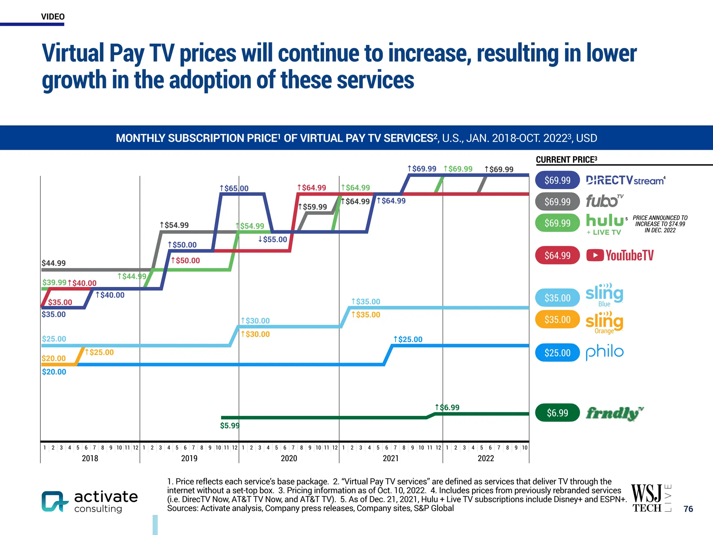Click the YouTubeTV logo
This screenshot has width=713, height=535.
coord(620,255)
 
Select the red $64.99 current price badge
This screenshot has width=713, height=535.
coord(557,255)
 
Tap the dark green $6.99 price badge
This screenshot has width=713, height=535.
coord(557,413)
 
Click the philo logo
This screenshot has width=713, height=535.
coord(604,352)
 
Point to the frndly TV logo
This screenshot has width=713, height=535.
coord(614,413)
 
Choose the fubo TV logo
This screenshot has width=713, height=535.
coord(604,201)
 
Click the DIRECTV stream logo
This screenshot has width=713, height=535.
coord(625,180)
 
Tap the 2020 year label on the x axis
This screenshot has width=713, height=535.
coord(289,458)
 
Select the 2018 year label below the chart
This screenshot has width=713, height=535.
coord(90,458)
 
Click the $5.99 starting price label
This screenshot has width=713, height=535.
coord(230,426)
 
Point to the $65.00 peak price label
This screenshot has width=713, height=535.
coord(234,188)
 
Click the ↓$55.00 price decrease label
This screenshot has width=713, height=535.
coord(273,240)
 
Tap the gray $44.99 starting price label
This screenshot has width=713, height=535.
coord(54,263)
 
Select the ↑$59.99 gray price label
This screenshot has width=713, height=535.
coord(313,207)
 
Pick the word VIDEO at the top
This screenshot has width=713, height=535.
coord(53,17)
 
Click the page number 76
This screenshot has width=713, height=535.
coord(688,509)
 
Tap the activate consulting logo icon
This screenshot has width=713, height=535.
coord(54,501)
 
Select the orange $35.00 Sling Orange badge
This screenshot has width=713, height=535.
coord(557,319)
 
